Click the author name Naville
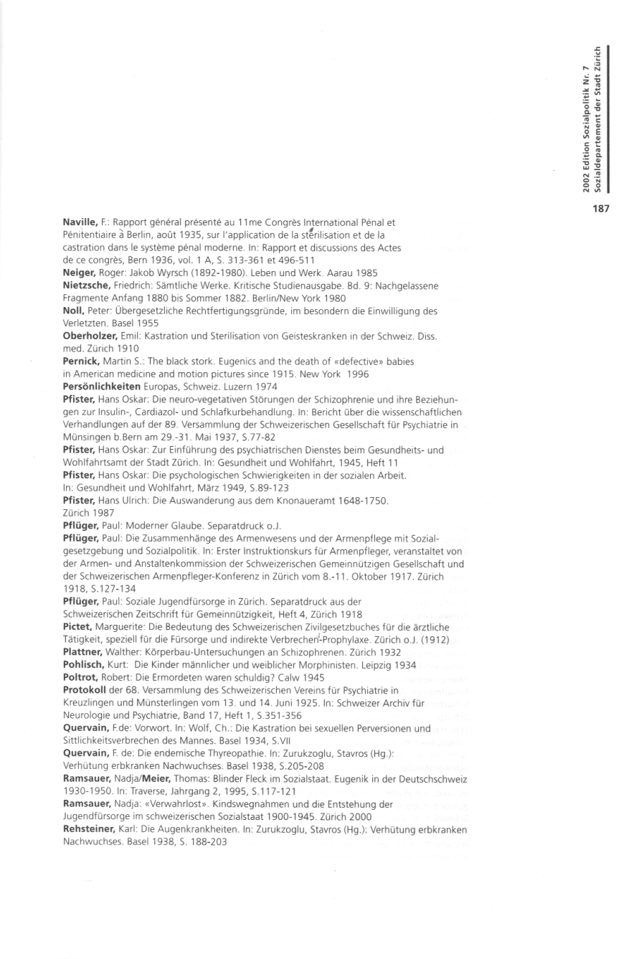(x=79, y=223)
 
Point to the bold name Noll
(x=75, y=311)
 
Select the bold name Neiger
(x=79, y=273)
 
